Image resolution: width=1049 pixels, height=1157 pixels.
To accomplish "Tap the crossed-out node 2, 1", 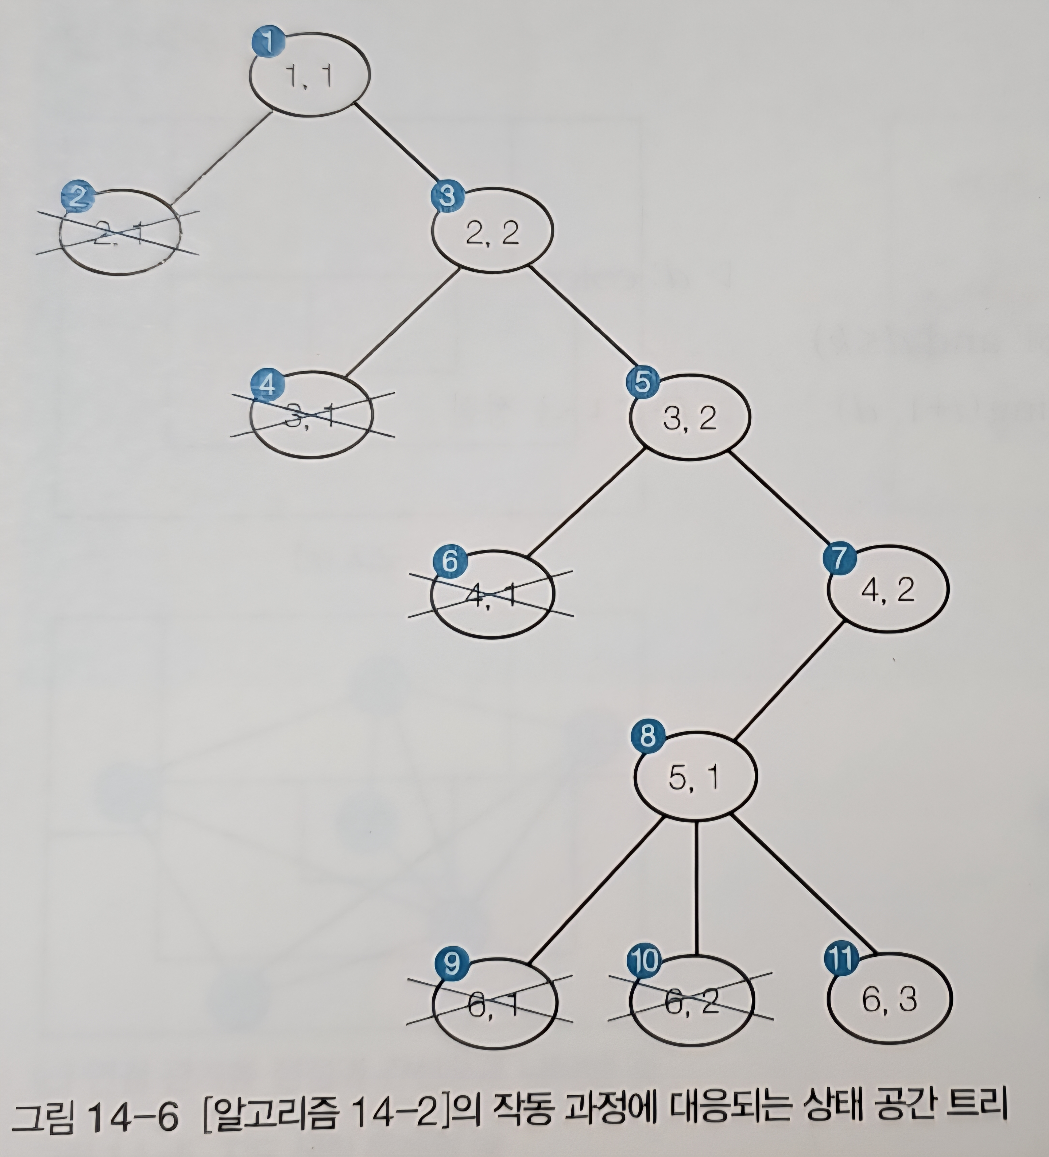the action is (x=120, y=232).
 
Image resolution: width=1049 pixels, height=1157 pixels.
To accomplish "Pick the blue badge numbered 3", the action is (x=447, y=196).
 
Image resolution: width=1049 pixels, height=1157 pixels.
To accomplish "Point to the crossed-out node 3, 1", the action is (x=312, y=414).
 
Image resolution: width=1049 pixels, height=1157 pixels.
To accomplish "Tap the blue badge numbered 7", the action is (x=839, y=558).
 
